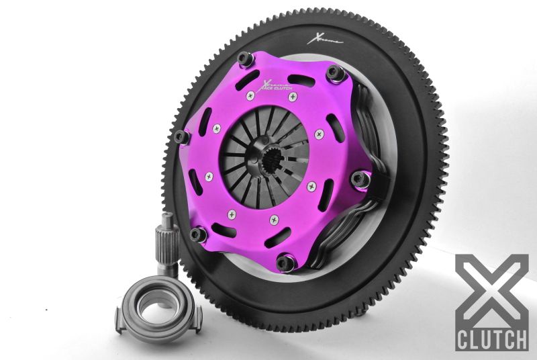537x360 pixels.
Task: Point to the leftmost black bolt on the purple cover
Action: tap(180, 137)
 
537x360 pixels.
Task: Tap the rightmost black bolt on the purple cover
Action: tap(360, 179)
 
